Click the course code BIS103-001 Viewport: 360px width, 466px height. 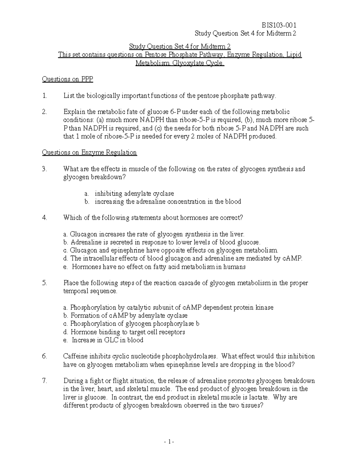279,25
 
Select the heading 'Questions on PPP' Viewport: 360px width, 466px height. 67,79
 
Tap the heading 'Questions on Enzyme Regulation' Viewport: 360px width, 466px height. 89,152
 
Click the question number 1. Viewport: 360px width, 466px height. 45,96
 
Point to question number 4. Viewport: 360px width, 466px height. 45,218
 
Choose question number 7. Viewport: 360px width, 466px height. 45,381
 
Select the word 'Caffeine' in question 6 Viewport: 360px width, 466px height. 75,356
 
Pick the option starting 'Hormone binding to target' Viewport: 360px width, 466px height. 127,332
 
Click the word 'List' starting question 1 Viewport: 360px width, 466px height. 69,96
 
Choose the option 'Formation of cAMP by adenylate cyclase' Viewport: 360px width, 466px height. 129,316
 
